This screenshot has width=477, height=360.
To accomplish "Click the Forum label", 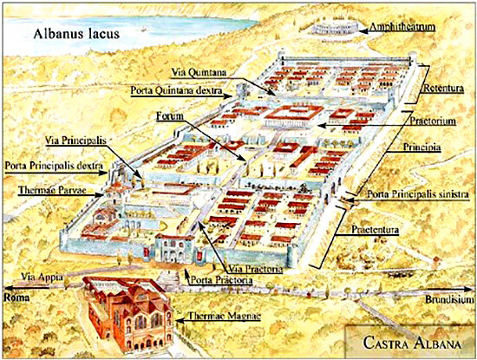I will [x=171, y=115].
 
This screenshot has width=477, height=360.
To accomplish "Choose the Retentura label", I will [x=446, y=89].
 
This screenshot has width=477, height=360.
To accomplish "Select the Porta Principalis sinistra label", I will [x=417, y=193].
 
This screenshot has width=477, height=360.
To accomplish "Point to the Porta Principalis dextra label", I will [x=55, y=164].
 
